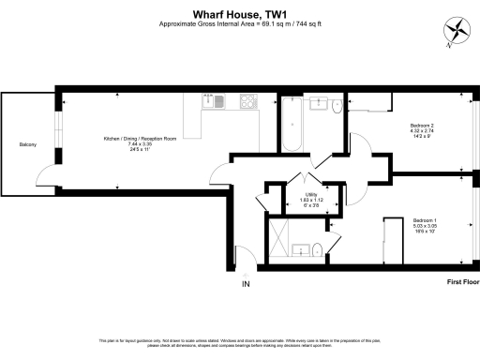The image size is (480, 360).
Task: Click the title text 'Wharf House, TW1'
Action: click(x=239, y=14)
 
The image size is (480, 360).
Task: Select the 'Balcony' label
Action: click(x=28, y=143)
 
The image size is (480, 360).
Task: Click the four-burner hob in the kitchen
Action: click(x=250, y=100)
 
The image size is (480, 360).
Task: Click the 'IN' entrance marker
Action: click(x=247, y=283)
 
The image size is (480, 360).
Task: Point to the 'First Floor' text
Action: click(x=459, y=280)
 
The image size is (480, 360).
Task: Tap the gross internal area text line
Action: click(x=239, y=23)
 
